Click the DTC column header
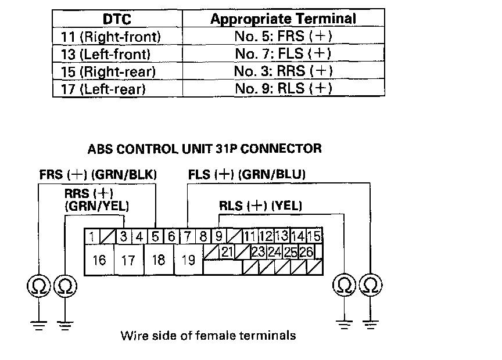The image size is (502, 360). point(117,19)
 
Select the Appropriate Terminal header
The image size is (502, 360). point(283,19)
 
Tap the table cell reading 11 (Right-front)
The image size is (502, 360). point(110,37)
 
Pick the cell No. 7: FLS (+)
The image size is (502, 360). point(283,55)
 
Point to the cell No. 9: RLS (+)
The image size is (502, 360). point(283,89)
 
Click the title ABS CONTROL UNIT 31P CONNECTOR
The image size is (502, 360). point(205,149)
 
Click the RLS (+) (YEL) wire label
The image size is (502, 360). point(260,206)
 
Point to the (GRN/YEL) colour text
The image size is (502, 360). point(97,206)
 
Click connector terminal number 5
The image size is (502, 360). point(155,236)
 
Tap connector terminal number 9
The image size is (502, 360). point(218,236)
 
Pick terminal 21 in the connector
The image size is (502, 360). point(227,251)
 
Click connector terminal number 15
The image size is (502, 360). point(314,236)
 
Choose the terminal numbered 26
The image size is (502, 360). point(306,251)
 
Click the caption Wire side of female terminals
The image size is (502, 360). point(208,335)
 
